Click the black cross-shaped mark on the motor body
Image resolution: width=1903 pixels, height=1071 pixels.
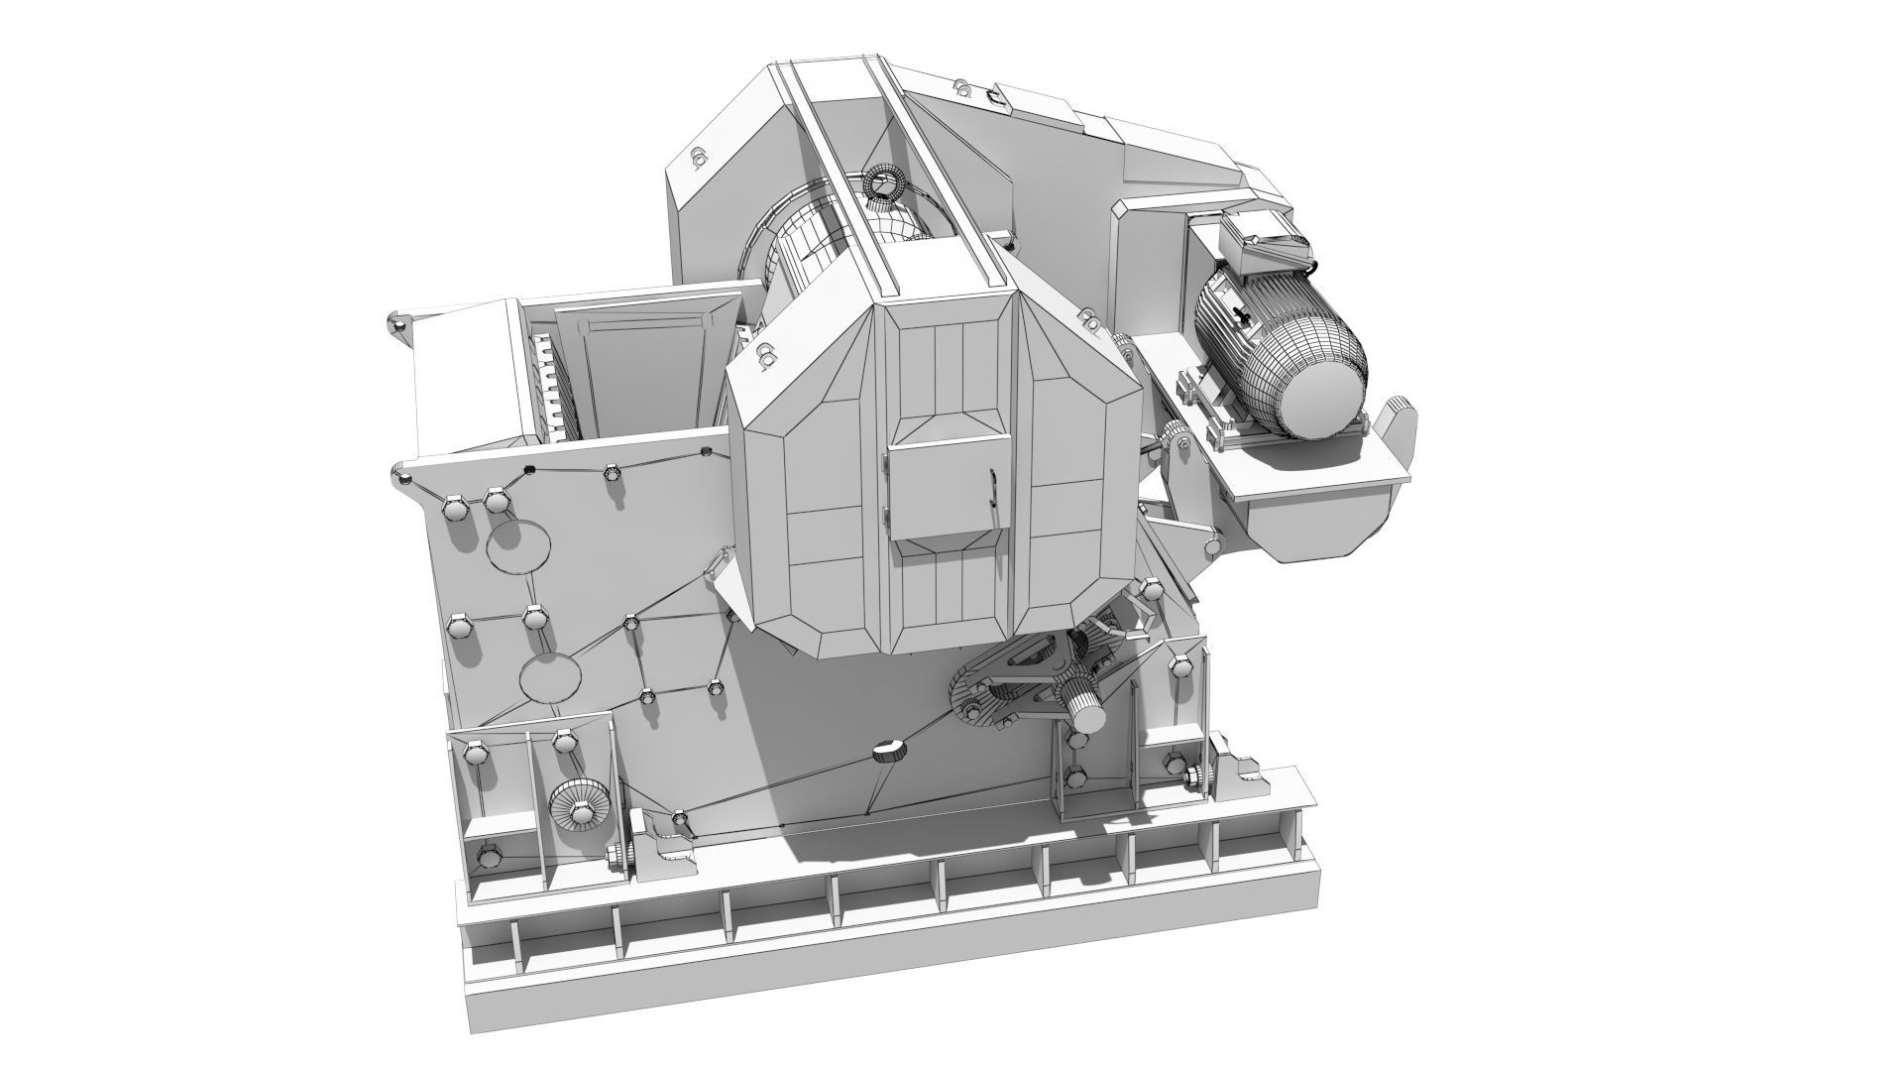click(1240, 314)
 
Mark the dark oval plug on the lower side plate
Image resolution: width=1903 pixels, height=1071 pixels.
click(889, 751)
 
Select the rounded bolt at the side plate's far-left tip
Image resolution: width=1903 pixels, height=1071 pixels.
click(395, 325)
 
